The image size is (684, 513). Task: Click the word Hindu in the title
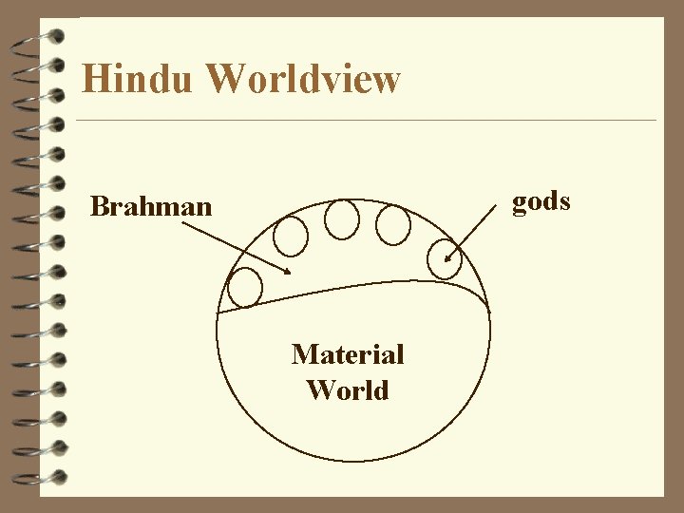tap(137, 79)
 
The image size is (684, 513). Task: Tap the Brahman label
tap(151, 206)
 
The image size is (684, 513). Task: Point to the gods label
tap(541, 201)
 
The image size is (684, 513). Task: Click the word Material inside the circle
tap(348, 354)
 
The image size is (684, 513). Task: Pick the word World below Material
tap(348, 390)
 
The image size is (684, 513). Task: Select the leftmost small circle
tap(246, 288)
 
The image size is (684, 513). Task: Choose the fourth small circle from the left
tap(393, 225)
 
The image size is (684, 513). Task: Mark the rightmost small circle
tap(445, 257)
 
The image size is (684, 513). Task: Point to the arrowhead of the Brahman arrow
tap(289, 273)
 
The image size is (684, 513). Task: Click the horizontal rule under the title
tap(366, 121)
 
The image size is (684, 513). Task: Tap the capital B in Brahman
tap(98, 206)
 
